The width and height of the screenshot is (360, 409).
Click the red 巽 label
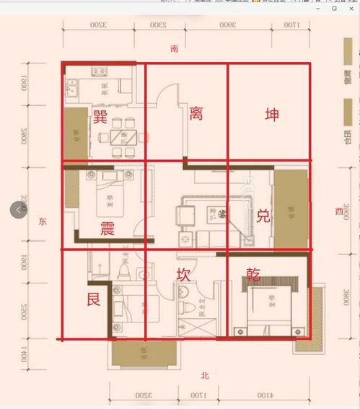coord(100,117)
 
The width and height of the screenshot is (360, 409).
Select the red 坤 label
coord(272,115)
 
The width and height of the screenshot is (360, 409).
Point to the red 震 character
coord(107,229)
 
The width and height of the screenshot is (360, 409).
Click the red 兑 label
coord(263,216)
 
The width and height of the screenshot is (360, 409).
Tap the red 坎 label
coord(184,275)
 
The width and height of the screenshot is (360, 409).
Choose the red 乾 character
coord(253,273)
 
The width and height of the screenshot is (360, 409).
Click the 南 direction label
coord(174,49)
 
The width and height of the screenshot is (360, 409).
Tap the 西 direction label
coord(338,211)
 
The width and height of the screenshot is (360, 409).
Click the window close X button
coord(351,8)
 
